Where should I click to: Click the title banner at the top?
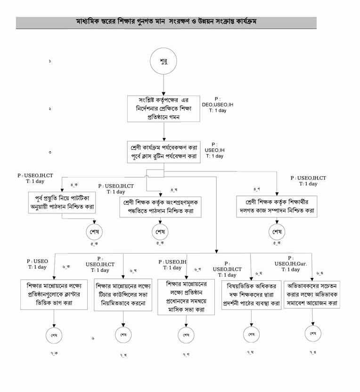click(x=166, y=22)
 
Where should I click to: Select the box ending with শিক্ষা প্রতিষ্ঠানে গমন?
click(x=164, y=108)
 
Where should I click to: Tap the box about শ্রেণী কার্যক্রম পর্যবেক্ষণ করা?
click(x=164, y=152)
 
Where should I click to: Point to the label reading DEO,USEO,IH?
click(x=217, y=105)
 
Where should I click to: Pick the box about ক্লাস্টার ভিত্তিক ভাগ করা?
click(x=55, y=294)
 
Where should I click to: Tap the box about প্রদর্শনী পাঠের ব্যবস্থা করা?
click(x=251, y=294)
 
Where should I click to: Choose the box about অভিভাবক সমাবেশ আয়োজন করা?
click(x=313, y=294)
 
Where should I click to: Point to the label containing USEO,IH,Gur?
click(x=291, y=264)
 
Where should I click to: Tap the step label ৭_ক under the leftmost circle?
click(x=55, y=353)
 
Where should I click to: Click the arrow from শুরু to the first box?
click(x=164, y=86)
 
